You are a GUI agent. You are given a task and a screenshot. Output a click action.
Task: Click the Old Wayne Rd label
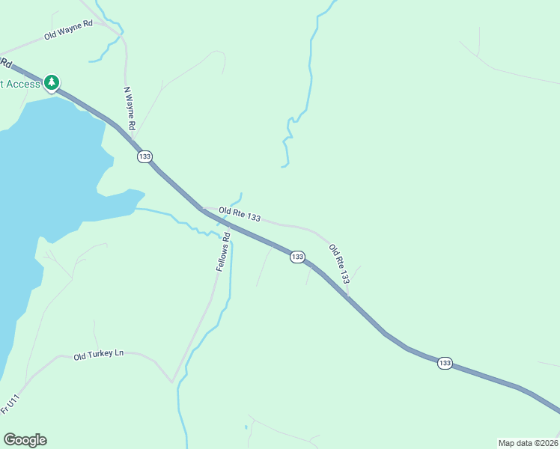pyautogui.click(x=67, y=29)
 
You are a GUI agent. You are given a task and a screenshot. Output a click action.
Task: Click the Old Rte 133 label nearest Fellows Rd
pyautogui.click(x=240, y=216)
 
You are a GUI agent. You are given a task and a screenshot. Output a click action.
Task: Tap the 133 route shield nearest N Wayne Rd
pyautogui.click(x=144, y=156)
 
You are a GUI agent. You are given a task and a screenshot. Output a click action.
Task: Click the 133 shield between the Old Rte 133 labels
pyautogui.click(x=297, y=257)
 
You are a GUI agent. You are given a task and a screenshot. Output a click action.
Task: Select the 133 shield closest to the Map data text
pyautogui.click(x=445, y=363)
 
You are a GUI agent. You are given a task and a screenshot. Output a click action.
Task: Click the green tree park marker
pyautogui.click(x=52, y=82)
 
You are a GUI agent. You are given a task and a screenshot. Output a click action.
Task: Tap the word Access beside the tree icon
pyautogui.click(x=22, y=84)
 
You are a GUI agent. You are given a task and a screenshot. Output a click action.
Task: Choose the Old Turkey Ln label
pyautogui.click(x=98, y=354)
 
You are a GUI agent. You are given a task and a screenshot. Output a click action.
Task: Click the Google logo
pyautogui.click(x=25, y=440)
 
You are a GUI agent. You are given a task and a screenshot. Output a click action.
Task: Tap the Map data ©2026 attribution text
pyautogui.click(x=528, y=443)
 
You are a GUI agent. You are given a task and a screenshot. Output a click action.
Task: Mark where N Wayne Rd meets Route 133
pyautogui.click(x=133, y=138)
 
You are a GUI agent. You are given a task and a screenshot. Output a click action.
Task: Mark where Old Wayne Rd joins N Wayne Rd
pyautogui.click(x=120, y=33)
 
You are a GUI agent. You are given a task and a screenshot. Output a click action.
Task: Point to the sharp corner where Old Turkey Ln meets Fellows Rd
pyautogui.click(x=173, y=382)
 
